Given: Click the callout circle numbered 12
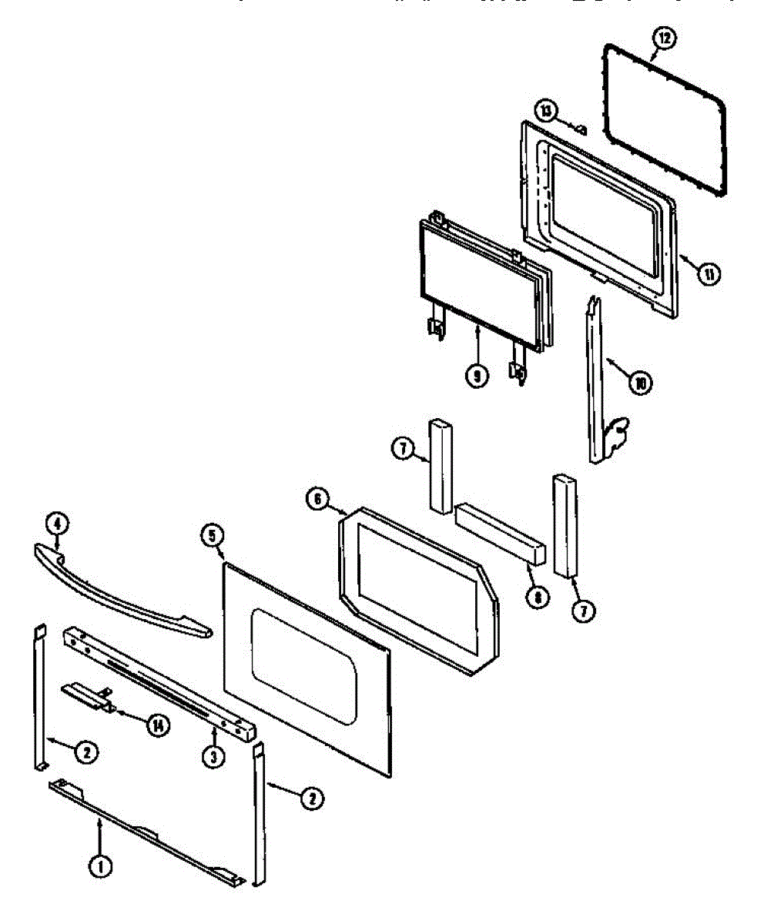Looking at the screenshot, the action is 665,37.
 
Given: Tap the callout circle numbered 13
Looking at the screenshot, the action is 546,112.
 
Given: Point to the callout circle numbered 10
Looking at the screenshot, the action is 639,381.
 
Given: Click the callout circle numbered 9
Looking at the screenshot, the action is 477,376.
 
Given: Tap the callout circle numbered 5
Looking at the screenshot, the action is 212,534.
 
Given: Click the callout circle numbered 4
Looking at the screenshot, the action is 56,524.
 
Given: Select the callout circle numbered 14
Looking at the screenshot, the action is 158,724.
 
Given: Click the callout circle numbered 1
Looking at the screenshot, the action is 99,866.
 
